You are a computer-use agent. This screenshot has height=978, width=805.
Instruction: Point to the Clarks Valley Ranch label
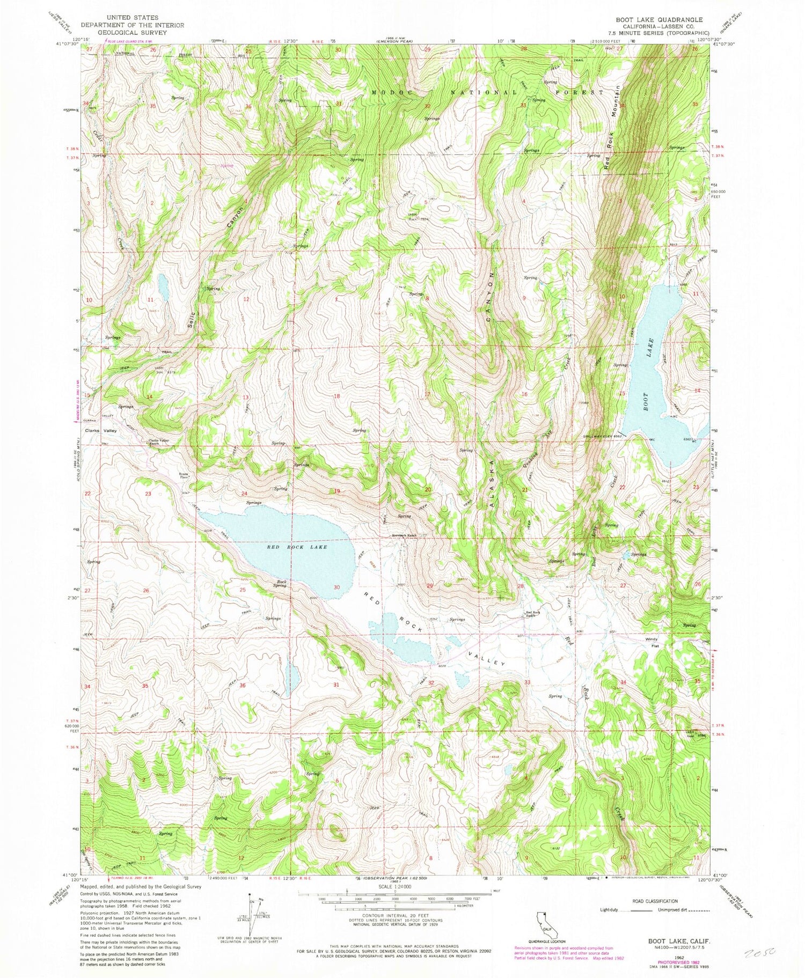click(x=159, y=442)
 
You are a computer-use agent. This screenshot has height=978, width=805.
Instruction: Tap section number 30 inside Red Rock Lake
click(x=336, y=587)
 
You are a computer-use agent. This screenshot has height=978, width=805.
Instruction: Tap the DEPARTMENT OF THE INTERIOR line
click(x=132, y=25)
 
